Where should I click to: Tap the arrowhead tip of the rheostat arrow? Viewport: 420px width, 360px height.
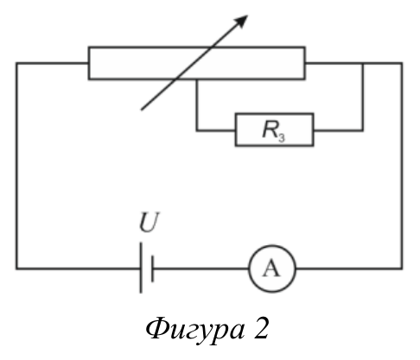pos(248,16)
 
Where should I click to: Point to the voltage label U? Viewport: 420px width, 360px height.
pos(149,222)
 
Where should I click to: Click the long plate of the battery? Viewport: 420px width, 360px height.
pos(141,268)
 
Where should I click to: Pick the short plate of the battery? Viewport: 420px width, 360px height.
pos(152,268)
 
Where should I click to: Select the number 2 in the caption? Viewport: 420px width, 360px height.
pos(261,328)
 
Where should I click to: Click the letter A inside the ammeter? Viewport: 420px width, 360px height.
pos(271,268)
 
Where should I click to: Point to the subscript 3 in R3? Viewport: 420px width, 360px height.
pos(282,137)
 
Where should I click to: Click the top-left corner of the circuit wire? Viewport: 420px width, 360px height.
pos(16,63)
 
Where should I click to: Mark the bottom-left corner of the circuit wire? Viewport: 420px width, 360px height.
pos(16,268)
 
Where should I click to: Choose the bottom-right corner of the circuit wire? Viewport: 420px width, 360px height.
pos(402,268)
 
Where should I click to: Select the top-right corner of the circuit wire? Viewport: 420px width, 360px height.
pos(402,63)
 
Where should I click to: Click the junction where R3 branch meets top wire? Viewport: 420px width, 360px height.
pos(363,63)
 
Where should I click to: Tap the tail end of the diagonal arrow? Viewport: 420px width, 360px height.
pos(141,110)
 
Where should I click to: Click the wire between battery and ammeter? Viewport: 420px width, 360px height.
pos(201,268)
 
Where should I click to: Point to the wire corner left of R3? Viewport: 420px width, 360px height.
pos(197,130)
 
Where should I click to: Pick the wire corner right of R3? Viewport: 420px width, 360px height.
pos(363,130)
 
